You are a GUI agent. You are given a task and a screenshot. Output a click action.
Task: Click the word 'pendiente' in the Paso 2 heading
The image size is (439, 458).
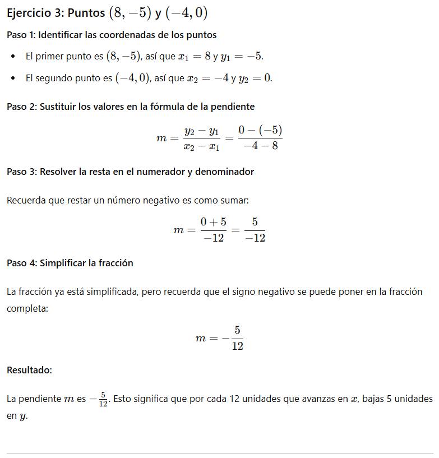coord(234,107)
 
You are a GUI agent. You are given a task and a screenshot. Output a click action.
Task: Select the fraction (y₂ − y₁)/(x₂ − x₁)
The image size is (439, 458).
coord(201,138)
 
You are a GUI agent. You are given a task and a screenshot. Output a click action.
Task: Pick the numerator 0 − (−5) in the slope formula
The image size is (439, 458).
coord(259,131)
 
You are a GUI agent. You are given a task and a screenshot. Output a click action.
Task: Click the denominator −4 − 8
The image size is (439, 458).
coord(260,146)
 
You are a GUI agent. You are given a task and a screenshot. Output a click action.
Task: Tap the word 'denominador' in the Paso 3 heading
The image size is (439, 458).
coord(226,172)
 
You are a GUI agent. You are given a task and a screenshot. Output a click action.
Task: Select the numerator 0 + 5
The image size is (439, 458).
coord(213,223)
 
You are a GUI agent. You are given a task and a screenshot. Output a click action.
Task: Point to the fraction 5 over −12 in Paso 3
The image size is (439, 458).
coord(255,230)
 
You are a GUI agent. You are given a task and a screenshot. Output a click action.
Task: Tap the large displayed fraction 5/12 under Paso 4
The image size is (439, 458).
coord(237,338)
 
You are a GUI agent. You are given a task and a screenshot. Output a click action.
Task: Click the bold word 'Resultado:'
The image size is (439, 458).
coord(29,370)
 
